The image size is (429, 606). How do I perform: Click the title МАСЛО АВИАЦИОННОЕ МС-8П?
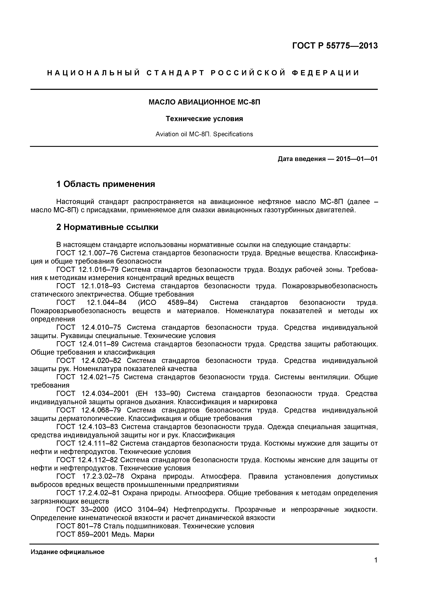[204, 102]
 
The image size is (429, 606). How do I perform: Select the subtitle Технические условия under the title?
[204, 119]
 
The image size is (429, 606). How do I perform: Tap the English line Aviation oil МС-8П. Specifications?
[204, 134]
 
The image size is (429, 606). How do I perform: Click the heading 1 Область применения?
[106, 184]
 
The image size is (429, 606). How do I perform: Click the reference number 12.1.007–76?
[98, 253]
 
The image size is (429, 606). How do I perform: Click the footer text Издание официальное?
[67, 552]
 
